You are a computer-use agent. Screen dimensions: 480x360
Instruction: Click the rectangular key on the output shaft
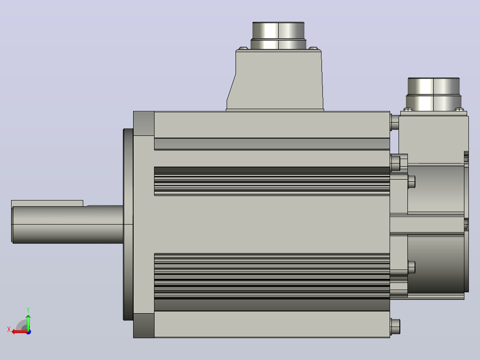tap(47, 204)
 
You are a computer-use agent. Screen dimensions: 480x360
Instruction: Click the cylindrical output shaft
tap(67, 225)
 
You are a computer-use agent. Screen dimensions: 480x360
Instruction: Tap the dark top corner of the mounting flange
tap(143, 123)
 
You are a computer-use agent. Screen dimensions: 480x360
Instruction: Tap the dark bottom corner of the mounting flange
tap(143, 325)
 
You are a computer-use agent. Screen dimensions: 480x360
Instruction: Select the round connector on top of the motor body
tap(278, 35)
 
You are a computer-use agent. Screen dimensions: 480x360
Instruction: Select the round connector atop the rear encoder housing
tap(434, 94)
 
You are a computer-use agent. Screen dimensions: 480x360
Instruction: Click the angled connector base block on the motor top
tap(275, 80)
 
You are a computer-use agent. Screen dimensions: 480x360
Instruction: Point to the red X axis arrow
tap(20, 332)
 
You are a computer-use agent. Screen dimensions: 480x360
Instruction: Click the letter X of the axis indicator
tap(9, 329)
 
